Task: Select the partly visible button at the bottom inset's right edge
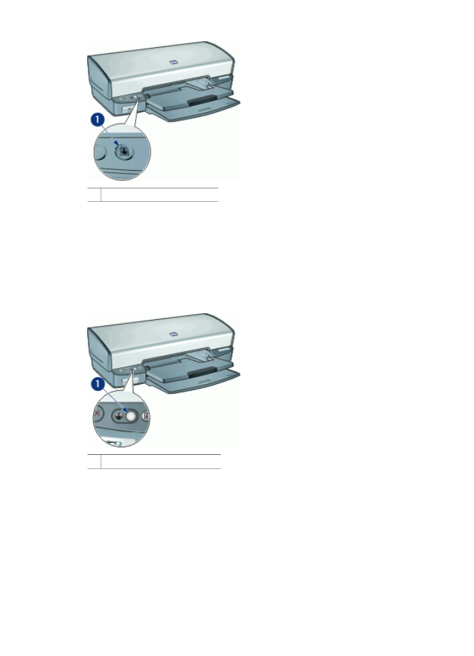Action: (x=147, y=417)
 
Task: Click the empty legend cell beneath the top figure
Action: (x=159, y=194)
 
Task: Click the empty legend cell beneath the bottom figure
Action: (x=159, y=461)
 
